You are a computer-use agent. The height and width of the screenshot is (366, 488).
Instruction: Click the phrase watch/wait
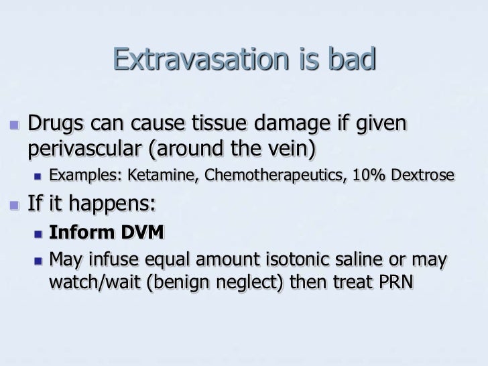pos(91,282)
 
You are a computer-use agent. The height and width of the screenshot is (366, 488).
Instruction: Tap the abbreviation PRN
pos(397,282)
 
